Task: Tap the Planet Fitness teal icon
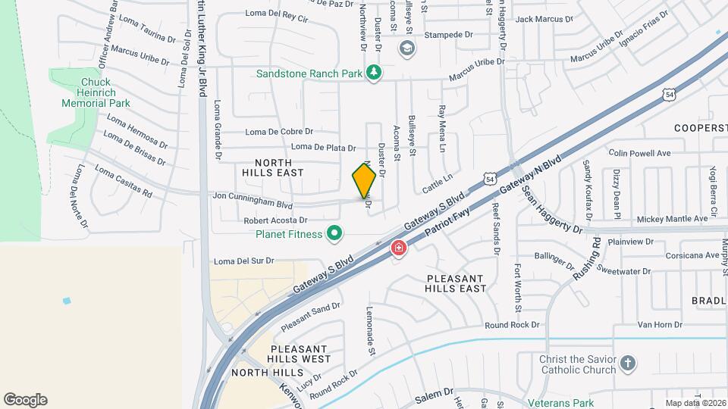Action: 333,233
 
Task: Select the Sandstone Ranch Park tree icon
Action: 373,73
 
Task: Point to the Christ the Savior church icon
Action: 627,364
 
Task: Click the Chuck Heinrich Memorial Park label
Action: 96,92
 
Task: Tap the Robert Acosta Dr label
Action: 274,220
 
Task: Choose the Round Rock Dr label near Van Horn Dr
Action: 512,325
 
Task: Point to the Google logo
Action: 25,400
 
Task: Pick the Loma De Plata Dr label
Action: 323,147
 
